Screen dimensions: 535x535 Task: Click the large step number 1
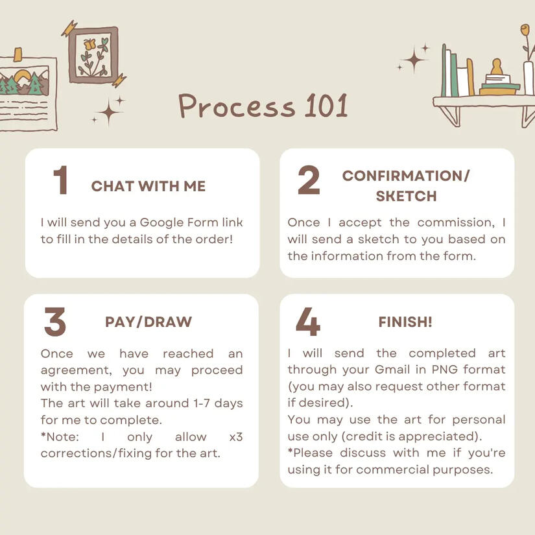click(x=62, y=180)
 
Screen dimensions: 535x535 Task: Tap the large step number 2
click(x=309, y=180)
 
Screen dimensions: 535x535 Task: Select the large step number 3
click(x=55, y=322)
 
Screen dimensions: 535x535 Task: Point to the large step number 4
click(x=308, y=322)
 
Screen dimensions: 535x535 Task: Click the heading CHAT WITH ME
click(x=149, y=186)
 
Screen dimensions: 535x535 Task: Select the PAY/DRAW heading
click(x=149, y=322)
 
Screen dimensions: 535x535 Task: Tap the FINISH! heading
click(x=405, y=322)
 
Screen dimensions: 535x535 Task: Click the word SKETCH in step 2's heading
click(x=406, y=196)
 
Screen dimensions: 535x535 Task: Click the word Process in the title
click(x=237, y=106)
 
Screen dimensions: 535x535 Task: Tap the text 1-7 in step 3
click(x=201, y=403)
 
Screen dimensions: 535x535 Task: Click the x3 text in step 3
click(x=236, y=436)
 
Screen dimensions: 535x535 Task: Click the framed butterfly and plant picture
click(x=93, y=56)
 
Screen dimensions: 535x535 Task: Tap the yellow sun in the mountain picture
click(x=23, y=77)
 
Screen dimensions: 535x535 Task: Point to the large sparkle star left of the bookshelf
click(x=414, y=60)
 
